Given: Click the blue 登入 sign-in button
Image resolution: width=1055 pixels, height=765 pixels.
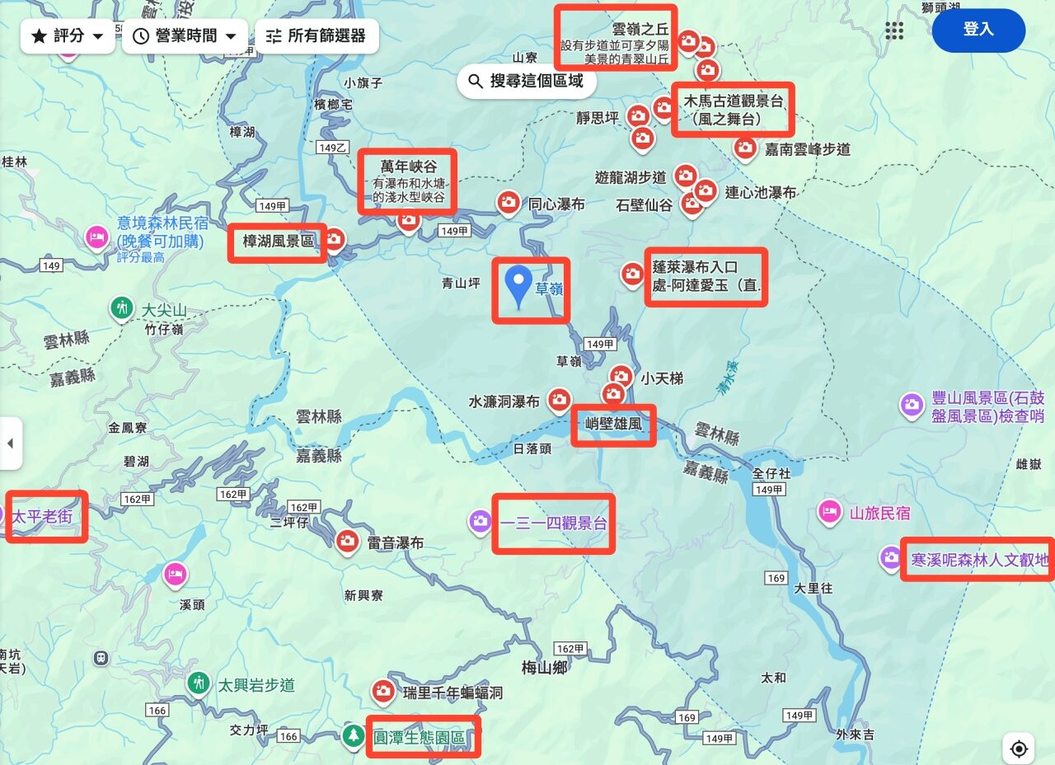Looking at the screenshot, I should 978,30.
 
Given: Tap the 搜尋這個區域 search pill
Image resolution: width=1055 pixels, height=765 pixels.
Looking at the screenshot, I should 527,81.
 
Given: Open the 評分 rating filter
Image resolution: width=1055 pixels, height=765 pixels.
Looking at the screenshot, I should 68,36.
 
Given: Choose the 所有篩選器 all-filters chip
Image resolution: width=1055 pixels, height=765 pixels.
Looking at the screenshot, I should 316,36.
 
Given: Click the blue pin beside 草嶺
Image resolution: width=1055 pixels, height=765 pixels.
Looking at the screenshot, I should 518,286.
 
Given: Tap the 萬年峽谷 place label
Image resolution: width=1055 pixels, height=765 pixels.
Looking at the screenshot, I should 408,167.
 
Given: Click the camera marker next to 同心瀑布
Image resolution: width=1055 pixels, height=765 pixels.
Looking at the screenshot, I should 509,202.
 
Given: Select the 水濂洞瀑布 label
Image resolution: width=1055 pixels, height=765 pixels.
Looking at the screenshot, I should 504,402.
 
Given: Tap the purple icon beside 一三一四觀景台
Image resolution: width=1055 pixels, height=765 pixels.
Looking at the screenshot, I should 480,521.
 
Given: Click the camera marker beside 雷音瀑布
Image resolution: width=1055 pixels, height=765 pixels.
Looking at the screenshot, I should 347,542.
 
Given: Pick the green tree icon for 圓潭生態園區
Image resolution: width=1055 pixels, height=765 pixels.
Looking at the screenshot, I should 353,736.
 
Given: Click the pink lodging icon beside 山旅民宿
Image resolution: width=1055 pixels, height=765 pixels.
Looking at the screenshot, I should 829,511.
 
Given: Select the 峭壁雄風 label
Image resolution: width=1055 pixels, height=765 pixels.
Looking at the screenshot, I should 613,426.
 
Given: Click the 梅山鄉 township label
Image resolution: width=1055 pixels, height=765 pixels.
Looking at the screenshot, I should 544,668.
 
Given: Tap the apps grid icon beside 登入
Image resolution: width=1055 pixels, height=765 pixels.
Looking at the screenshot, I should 894,31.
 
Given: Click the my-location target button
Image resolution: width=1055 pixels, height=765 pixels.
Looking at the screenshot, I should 1019,749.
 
